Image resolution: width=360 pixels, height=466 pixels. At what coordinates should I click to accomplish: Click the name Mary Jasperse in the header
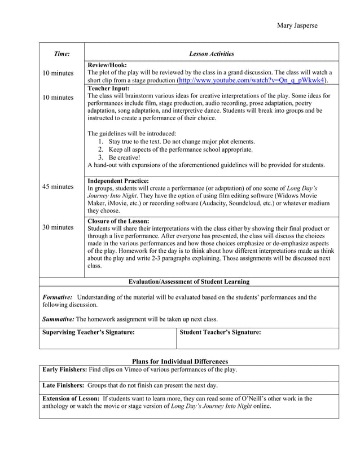pyautogui.click(x=297, y=26)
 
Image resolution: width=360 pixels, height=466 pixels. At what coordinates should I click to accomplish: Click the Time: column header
pyautogui.click(x=62, y=54)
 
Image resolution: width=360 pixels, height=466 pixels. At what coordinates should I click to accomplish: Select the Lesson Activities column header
pyautogui.click(x=211, y=54)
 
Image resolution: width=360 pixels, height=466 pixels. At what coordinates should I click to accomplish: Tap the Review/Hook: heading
pyautogui.click(x=107, y=65)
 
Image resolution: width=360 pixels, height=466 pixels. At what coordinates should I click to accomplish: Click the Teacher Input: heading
pyautogui.click(x=109, y=89)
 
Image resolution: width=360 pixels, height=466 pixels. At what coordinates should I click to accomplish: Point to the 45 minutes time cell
pyautogui.click(x=58, y=187)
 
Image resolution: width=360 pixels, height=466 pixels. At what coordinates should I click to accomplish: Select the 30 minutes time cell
pyautogui.click(x=58, y=227)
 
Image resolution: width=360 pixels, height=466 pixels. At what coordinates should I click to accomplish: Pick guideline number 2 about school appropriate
pyautogui.click(x=180, y=150)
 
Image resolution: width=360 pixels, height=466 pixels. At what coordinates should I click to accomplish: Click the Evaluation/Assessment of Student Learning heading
pyautogui.click(x=189, y=282)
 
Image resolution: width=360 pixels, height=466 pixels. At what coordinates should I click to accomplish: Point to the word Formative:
pyautogui.click(x=58, y=297)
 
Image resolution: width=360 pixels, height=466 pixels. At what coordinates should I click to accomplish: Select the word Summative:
pyautogui.click(x=59, y=319)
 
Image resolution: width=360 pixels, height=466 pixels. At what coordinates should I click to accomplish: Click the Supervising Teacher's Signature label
pyautogui.click(x=89, y=332)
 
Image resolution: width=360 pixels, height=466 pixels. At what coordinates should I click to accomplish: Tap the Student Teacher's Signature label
pyautogui.click(x=220, y=332)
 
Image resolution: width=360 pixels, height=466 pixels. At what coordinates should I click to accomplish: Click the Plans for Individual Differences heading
pyautogui.click(x=179, y=361)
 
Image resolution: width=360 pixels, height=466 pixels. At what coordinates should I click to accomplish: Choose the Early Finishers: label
pyautogui.click(x=65, y=370)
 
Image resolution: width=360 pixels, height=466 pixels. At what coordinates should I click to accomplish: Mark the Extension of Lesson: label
pyautogui.click(x=71, y=398)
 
